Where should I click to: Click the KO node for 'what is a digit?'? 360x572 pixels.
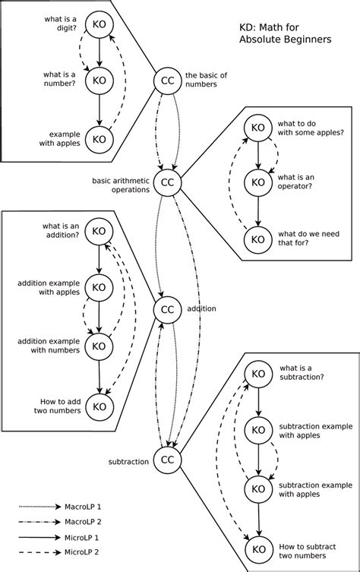click(x=99, y=24)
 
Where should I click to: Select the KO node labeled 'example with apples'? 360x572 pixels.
click(x=99, y=138)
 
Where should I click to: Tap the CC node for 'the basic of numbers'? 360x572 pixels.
click(x=167, y=81)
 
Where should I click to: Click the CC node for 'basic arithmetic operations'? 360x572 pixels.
click(x=167, y=183)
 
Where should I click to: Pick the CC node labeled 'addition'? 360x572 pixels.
click(x=167, y=309)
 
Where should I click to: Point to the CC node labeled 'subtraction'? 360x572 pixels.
click(x=167, y=460)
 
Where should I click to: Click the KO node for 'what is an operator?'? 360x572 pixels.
click(x=258, y=182)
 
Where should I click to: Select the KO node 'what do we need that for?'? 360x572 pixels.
click(x=258, y=239)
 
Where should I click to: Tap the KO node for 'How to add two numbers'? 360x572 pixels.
click(x=99, y=406)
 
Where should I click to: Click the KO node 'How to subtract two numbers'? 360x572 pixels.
click(x=258, y=548)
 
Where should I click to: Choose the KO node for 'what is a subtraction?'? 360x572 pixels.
click(x=258, y=374)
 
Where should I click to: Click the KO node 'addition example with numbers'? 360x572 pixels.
click(x=99, y=346)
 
